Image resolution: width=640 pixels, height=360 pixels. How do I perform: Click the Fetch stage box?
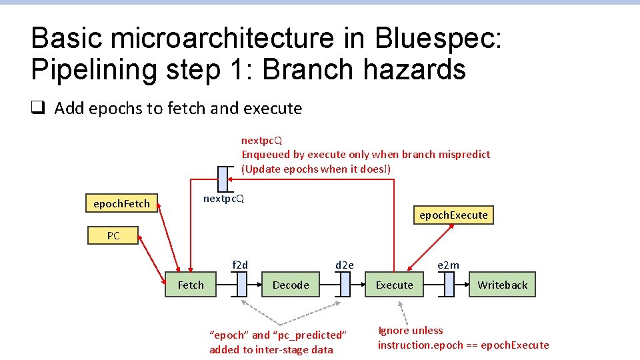coord(191,285)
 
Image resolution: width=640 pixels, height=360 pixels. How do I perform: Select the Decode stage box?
coord(291,285)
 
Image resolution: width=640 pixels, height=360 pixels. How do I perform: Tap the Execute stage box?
coord(394,285)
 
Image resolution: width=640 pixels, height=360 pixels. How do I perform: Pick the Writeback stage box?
coord(502,285)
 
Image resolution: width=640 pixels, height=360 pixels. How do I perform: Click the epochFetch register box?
coord(121,203)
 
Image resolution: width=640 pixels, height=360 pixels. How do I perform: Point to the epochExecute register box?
coord(453,215)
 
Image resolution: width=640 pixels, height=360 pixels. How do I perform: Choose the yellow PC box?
coord(113,235)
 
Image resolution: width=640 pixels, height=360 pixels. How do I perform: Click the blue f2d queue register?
coord(241,285)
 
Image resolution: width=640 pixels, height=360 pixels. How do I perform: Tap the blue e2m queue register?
coord(449,285)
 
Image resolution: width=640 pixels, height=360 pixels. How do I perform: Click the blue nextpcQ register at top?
coord(222,178)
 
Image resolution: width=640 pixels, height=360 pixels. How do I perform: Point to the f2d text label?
coord(240,265)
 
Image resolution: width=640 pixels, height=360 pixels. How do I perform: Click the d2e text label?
coord(345,265)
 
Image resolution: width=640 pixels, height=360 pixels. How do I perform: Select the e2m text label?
coord(448,265)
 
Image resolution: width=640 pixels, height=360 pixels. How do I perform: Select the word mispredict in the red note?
coord(464,154)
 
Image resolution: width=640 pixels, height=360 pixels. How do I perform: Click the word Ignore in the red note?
coord(393,330)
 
